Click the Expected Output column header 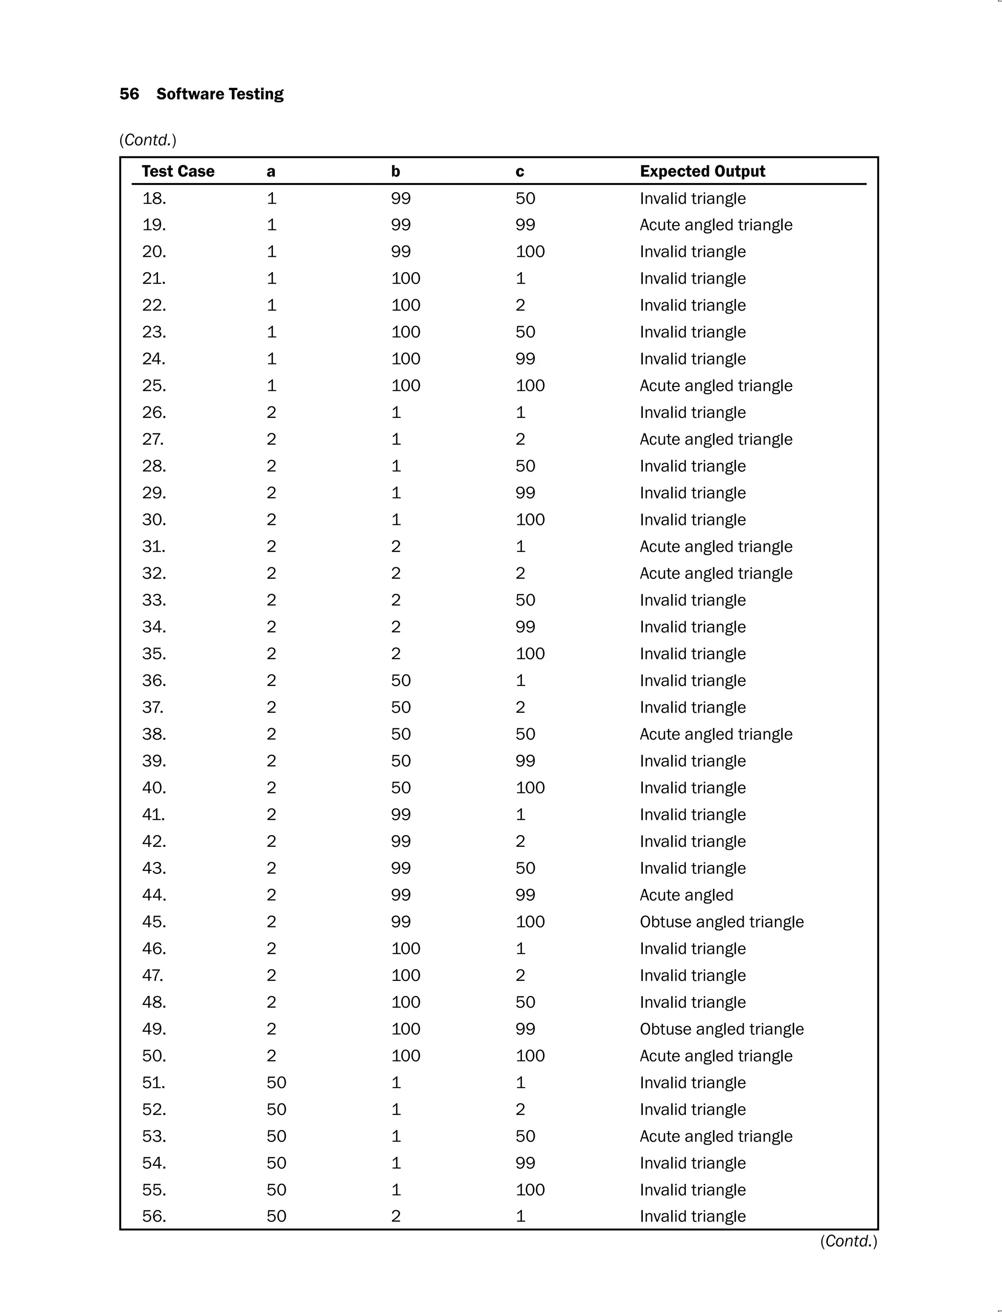coord(702,171)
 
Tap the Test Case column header coord(178,171)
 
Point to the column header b coord(395,172)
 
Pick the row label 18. coord(154,198)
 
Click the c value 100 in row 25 coord(530,385)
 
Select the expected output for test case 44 coord(686,895)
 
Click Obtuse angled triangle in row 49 coord(721,1029)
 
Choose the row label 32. coord(154,573)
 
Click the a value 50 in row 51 coord(276,1083)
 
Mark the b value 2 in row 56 coord(395,1216)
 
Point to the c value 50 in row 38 coord(525,734)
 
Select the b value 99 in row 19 coord(401,225)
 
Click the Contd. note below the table coord(848,1241)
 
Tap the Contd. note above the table coord(148,140)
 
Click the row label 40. coord(154,788)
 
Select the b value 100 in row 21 coord(406,278)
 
